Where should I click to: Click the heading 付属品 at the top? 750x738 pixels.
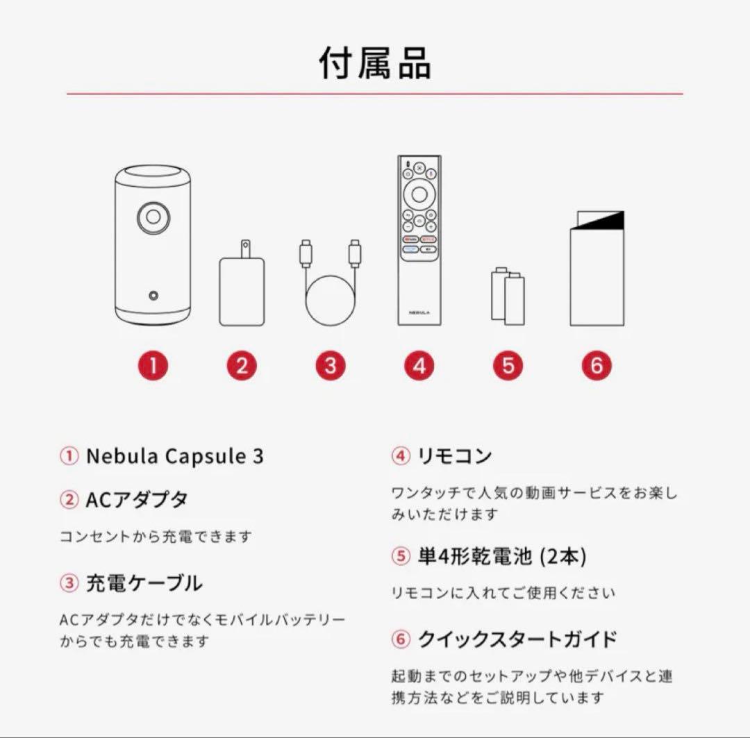coord(375,63)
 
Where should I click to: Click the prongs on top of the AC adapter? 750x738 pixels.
coord(242,249)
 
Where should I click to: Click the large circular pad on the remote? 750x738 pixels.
coord(419,194)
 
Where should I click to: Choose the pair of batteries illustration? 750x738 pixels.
coord(508,296)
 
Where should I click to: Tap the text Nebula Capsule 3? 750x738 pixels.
coord(174,457)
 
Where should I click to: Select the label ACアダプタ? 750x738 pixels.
coord(136,499)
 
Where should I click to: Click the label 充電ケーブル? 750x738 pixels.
coord(144,583)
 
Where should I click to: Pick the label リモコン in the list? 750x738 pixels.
coord(455,456)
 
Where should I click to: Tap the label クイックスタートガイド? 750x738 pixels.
coord(517,639)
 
